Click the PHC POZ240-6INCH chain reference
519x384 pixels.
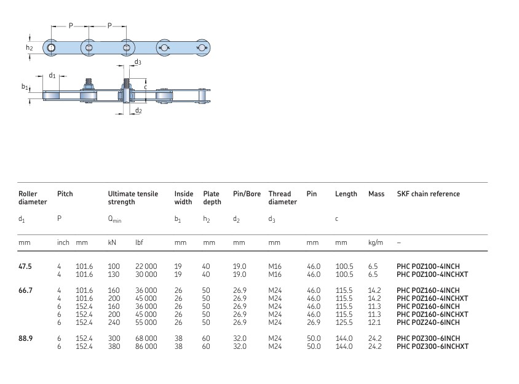(428, 322)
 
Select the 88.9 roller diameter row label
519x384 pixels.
(25, 338)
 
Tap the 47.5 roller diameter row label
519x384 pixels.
(25, 266)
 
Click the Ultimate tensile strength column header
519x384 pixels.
(133, 198)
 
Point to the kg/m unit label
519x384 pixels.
(375, 242)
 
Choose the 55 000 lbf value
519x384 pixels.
(146, 322)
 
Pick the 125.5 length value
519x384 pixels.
(344, 322)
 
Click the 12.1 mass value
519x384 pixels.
(374, 322)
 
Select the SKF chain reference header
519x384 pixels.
(429, 194)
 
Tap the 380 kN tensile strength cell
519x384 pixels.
(114, 346)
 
